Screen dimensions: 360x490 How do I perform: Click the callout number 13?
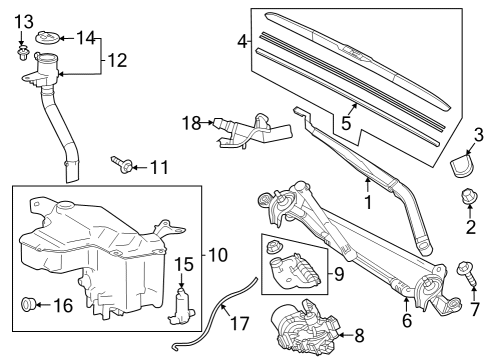(x=23, y=22)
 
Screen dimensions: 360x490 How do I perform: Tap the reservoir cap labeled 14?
(x=46, y=38)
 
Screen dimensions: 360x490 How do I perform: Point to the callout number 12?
(x=117, y=60)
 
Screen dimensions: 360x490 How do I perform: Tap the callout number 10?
(x=217, y=255)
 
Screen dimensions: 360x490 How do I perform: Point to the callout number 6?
(x=406, y=321)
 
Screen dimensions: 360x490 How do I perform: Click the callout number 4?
(x=242, y=41)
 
